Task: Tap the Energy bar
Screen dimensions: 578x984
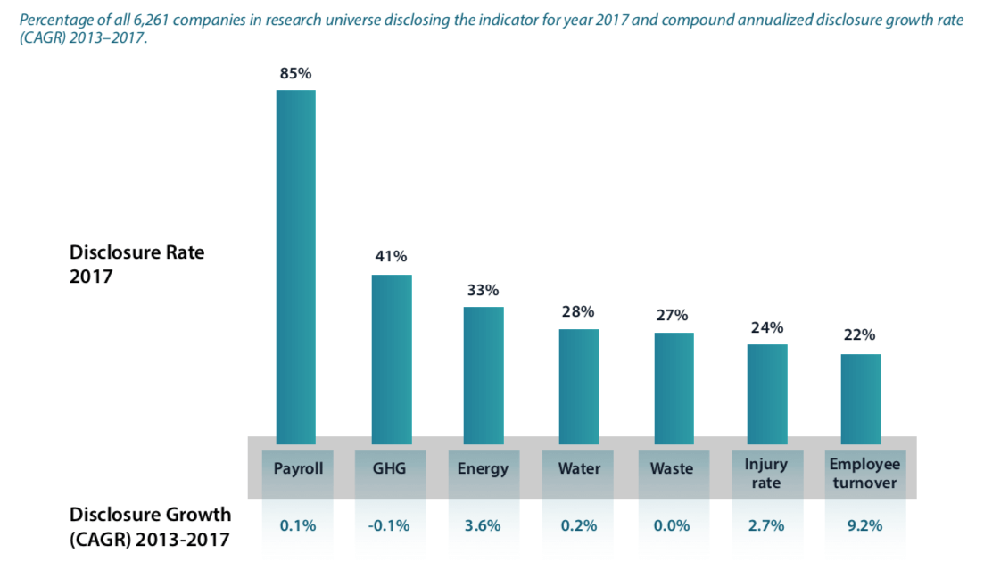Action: pos(483,375)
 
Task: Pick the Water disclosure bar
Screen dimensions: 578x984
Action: pos(579,385)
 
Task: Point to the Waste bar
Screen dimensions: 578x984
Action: pos(674,387)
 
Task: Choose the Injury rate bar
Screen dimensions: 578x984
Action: pos(767,393)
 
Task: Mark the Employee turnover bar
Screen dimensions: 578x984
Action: pos(861,398)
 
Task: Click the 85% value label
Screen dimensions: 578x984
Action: pos(295,74)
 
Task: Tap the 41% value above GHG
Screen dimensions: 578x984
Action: pos(391,257)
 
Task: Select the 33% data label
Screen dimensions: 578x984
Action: pos(483,290)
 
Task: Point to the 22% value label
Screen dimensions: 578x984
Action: pos(861,335)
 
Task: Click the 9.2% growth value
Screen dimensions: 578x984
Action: pos(864,525)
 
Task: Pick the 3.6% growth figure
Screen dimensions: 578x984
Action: pos(483,525)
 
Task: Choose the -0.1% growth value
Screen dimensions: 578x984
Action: pos(389,525)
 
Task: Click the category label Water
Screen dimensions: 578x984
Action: pos(579,468)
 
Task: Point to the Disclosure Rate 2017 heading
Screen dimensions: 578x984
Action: pos(136,264)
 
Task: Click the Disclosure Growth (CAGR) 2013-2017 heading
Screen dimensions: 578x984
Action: pos(150,525)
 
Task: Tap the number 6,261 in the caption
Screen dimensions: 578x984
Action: pos(151,19)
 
